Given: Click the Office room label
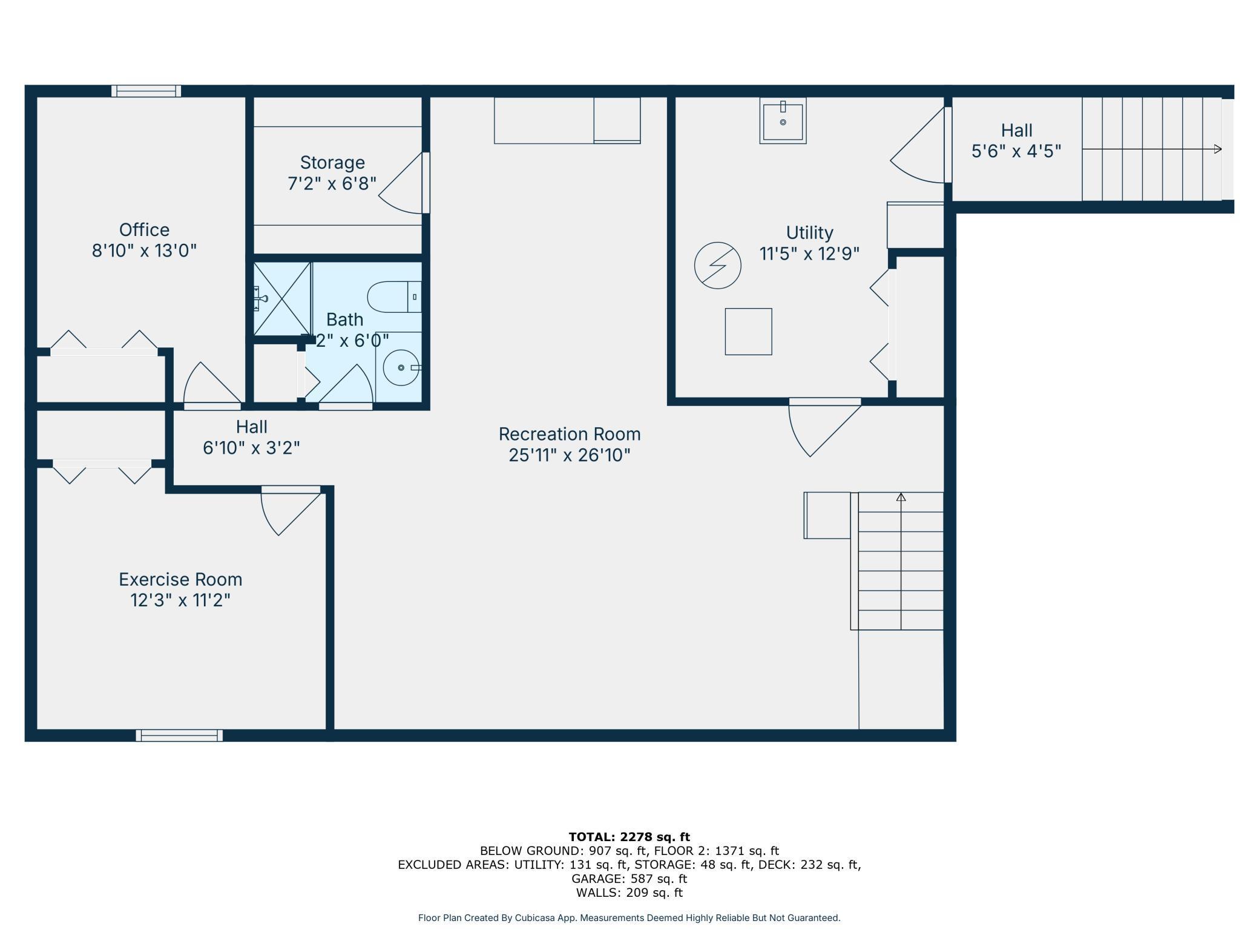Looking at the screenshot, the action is (144, 230).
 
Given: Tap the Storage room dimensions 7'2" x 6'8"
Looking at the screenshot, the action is (332, 183).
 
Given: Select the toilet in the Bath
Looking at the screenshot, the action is (395, 297).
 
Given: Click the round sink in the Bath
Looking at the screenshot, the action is (401, 367).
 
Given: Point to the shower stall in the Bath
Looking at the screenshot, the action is (282, 299).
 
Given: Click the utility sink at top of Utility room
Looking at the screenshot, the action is (783, 120).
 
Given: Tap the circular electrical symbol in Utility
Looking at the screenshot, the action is (717, 265).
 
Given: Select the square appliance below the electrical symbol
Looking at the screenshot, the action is (748, 332).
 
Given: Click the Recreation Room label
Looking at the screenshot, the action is (570, 434).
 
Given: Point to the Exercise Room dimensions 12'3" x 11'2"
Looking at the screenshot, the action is (180, 600).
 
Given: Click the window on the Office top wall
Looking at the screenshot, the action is (146, 91).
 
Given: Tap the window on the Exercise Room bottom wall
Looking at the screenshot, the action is (179, 735).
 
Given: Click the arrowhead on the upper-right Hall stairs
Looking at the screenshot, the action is (1218, 149).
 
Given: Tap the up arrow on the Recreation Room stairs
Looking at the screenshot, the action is (901, 497).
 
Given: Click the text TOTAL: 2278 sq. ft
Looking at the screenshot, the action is (629, 837).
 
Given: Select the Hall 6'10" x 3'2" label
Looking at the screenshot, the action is (252, 438).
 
